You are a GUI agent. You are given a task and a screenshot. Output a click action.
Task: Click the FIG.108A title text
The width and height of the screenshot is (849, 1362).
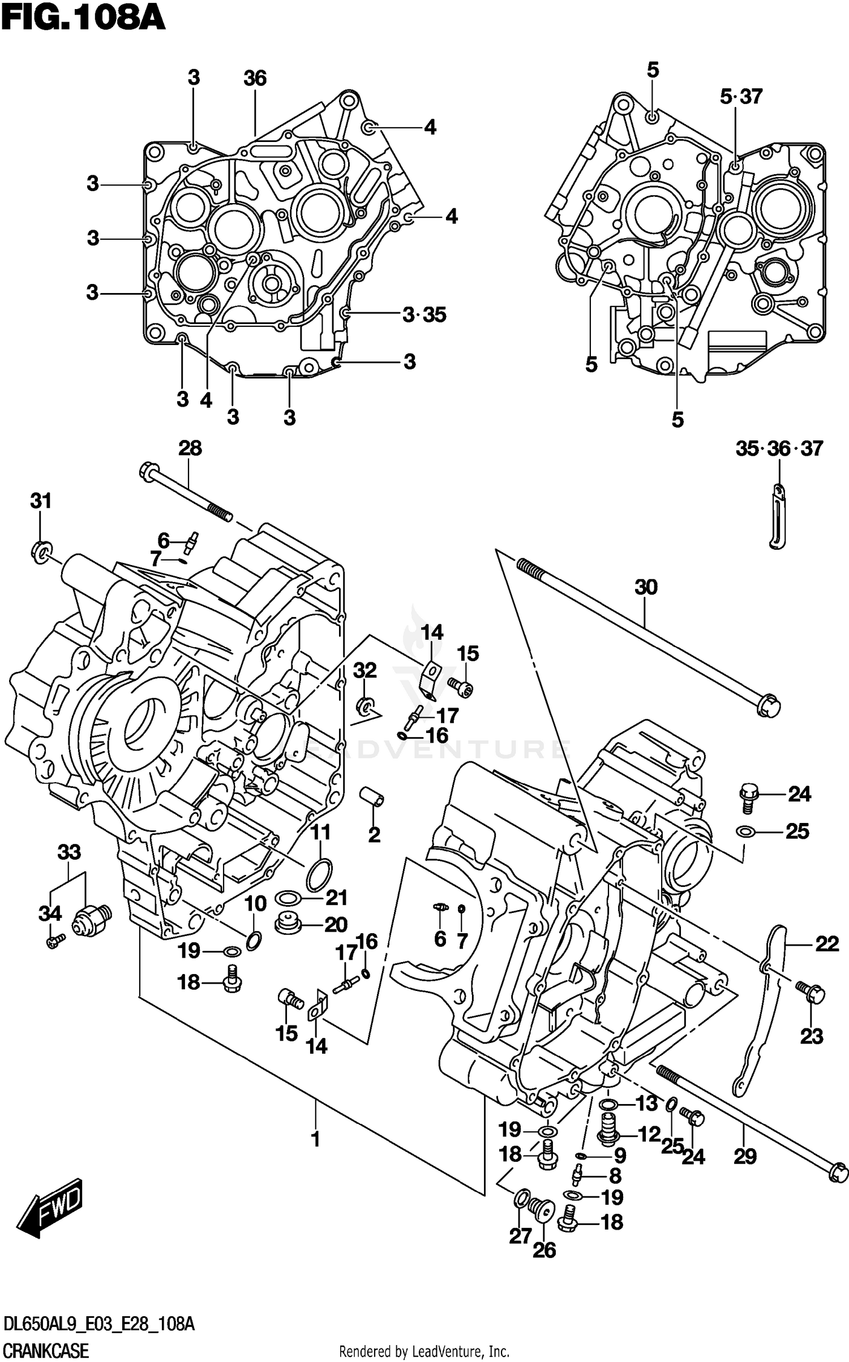83,19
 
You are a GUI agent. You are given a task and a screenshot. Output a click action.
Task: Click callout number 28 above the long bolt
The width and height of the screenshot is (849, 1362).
190,449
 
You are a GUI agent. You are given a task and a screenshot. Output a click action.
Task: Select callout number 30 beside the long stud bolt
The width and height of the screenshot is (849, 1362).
646,587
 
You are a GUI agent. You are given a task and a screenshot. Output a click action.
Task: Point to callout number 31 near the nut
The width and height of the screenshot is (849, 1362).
41,501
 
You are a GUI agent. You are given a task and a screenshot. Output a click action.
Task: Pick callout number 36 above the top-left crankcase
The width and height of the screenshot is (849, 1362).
255,78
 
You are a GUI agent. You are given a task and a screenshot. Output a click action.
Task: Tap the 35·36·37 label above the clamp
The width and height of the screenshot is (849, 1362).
779,449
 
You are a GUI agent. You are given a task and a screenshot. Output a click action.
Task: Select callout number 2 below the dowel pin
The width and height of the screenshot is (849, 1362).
374,834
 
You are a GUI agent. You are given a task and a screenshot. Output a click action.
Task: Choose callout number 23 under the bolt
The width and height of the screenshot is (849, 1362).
811,1036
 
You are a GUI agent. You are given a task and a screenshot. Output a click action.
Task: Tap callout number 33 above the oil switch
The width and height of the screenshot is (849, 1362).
69,852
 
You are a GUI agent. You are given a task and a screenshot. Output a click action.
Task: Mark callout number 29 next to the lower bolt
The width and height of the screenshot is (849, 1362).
745,1157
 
